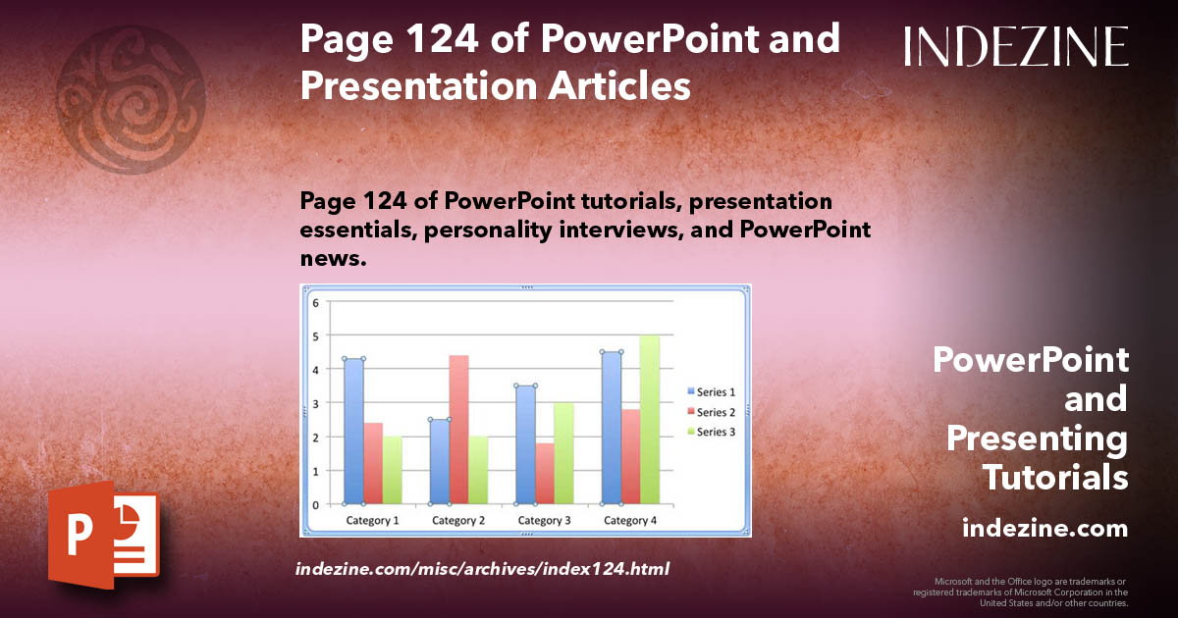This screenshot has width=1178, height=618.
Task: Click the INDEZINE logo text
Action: (1016, 47)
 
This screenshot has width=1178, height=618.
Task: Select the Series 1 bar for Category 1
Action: (353, 432)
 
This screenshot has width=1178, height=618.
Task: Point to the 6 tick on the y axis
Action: (316, 302)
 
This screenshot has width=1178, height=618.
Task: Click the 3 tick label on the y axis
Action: (316, 403)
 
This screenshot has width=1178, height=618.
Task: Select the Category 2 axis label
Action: (458, 520)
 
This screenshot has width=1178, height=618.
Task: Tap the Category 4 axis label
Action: (630, 520)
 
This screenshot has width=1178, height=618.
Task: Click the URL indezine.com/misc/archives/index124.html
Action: (482, 569)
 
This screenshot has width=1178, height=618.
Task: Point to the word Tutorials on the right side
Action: (1055, 478)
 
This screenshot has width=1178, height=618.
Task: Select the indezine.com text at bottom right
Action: (1044, 529)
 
